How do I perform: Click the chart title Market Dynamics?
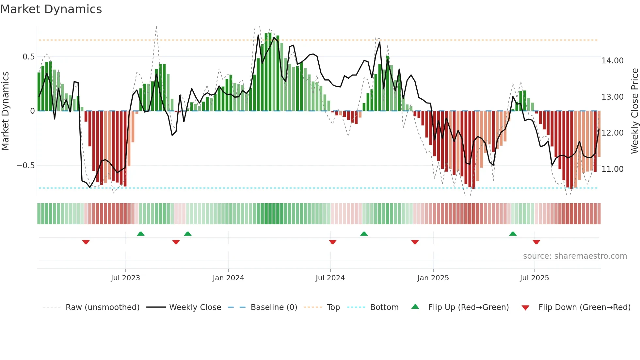[51, 9]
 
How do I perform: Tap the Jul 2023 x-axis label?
[125, 278]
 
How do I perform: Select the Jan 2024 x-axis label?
[228, 278]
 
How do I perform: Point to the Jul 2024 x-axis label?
[330, 278]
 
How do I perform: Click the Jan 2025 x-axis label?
[433, 278]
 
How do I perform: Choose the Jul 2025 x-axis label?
[535, 278]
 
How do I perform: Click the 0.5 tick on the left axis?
[28, 57]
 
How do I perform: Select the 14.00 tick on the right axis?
[613, 61]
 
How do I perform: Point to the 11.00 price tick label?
[613, 169]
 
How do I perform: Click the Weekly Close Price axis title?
[634, 111]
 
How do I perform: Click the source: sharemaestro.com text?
[575, 256]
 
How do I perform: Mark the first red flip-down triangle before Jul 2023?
[86, 242]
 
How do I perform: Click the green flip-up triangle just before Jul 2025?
[513, 234]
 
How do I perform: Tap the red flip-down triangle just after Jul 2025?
[536, 242]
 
